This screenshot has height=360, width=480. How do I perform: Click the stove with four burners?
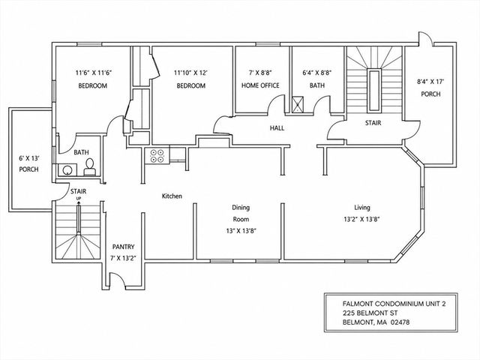(x=157, y=155)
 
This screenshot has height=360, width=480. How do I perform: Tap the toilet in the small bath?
(x=89, y=167)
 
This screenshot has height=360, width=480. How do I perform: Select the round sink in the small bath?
(x=67, y=169)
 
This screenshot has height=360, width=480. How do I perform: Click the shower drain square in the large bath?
(x=298, y=104)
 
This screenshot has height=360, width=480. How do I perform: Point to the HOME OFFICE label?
(x=260, y=85)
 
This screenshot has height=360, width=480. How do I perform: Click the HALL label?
(x=277, y=128)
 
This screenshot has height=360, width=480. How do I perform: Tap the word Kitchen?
(x=172, y=196)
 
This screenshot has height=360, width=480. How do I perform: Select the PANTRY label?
(x=123, y=247)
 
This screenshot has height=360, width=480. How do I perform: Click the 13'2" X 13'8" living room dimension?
(x=361, y=219)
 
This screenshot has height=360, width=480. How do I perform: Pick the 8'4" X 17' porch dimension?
(x=430, y=82)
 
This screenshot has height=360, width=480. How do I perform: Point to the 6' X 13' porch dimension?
(x=30, y=158)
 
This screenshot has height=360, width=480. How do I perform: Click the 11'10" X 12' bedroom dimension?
(x=190, y=73)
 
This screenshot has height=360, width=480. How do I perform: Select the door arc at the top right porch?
(x=425, y=37)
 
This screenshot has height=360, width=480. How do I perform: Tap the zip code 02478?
(x=400, y=322)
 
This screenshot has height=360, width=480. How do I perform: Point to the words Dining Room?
(x=241, y=213)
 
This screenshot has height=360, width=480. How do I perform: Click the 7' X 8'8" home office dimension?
(x=260, y=73)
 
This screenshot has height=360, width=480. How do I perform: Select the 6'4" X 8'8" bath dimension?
(x=317, y=73)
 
